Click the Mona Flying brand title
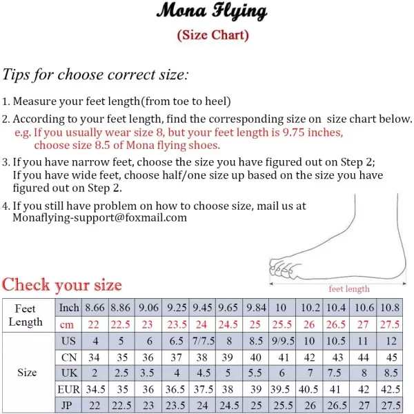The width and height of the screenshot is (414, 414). tap(212, 12)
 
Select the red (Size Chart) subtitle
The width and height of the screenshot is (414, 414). tap(213, 34)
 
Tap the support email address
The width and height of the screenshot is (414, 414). tap(100, 217)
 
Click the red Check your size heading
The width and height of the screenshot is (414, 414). tap(62, 284)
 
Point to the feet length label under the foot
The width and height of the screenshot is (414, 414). tap(348, 289)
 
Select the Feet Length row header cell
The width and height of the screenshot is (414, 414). tap(26, 315)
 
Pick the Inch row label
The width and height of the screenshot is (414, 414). tap(69, 308)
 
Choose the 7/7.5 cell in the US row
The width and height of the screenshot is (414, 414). tap(202, 341)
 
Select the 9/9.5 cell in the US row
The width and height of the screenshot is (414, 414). tap(282, 341)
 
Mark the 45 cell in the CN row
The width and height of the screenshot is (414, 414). tap(391, 357)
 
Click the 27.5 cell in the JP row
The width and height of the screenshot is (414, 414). tap(391, 406)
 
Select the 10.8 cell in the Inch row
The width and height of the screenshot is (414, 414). tap(391, 308)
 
